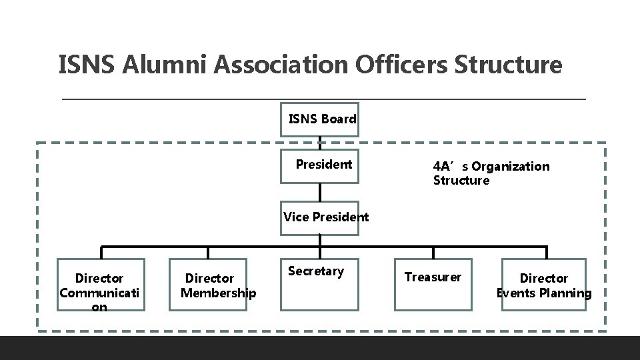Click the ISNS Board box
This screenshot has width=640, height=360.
(x=319, y=119)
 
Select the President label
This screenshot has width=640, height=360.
(x=324, y=164)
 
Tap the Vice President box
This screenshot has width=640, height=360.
(x=319, y=218)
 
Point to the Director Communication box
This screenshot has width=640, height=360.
(x=101, y=285)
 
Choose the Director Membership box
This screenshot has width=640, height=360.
(x=209, y=285)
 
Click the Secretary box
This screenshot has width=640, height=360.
(x=319, y=285)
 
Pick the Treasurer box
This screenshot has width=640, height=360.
(x=433, y=285)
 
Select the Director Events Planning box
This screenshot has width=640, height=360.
(x=544, y=285)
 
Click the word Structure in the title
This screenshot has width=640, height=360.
(x=508, y=65)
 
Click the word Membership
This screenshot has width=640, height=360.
(x=219, y=293)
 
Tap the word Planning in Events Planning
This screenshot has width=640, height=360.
(x=567, y=293)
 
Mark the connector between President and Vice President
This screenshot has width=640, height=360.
(x=320, y=191)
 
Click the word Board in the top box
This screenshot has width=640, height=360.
(x=339, y=119)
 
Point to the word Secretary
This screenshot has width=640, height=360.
(x=316, y=271)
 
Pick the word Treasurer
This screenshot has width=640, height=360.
(x=433, y=277)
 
